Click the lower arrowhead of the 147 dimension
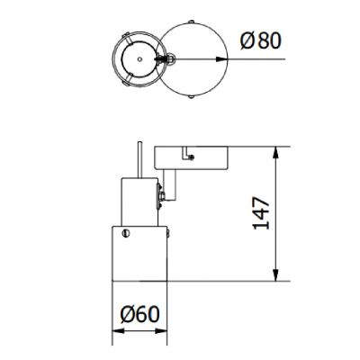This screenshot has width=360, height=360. point(276,276)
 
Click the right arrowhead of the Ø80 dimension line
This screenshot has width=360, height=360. point(219,60)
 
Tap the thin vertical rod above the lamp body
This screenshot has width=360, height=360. point(139,160)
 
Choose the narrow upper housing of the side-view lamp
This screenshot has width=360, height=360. point(139,201)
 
